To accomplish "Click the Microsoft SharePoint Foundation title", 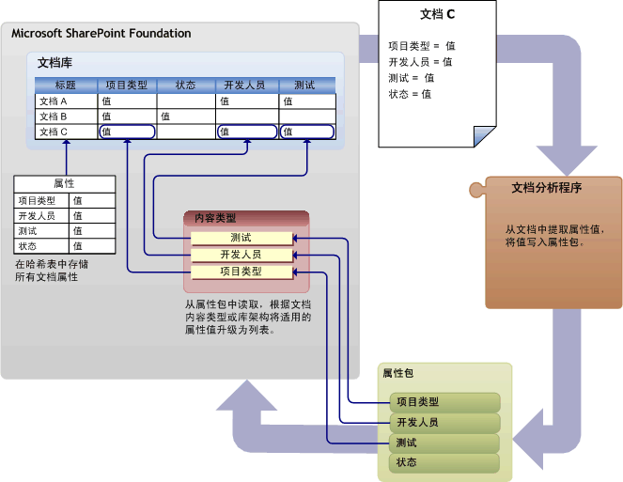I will tap(101, 34).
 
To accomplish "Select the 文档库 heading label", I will tap(55, 63).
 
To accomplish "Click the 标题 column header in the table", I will tap(66, 86).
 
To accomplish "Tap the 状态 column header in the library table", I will tap(185, 86).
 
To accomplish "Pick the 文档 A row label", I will tap(53, 101).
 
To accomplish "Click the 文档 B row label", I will tap(53, 117).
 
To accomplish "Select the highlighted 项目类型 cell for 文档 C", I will tap(127, 132).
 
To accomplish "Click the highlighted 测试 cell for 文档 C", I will tap(306, 132).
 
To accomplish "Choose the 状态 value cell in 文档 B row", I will tap(185, 117).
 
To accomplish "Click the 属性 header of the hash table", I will tap(65, 184).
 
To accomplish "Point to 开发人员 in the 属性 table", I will tap(38, 215).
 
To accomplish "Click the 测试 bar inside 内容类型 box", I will tap(241, 238).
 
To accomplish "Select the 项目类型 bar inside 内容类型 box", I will tap(241, 272).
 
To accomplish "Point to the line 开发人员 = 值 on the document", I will tap(420, 62).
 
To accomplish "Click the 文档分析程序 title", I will tap(546, 188).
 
